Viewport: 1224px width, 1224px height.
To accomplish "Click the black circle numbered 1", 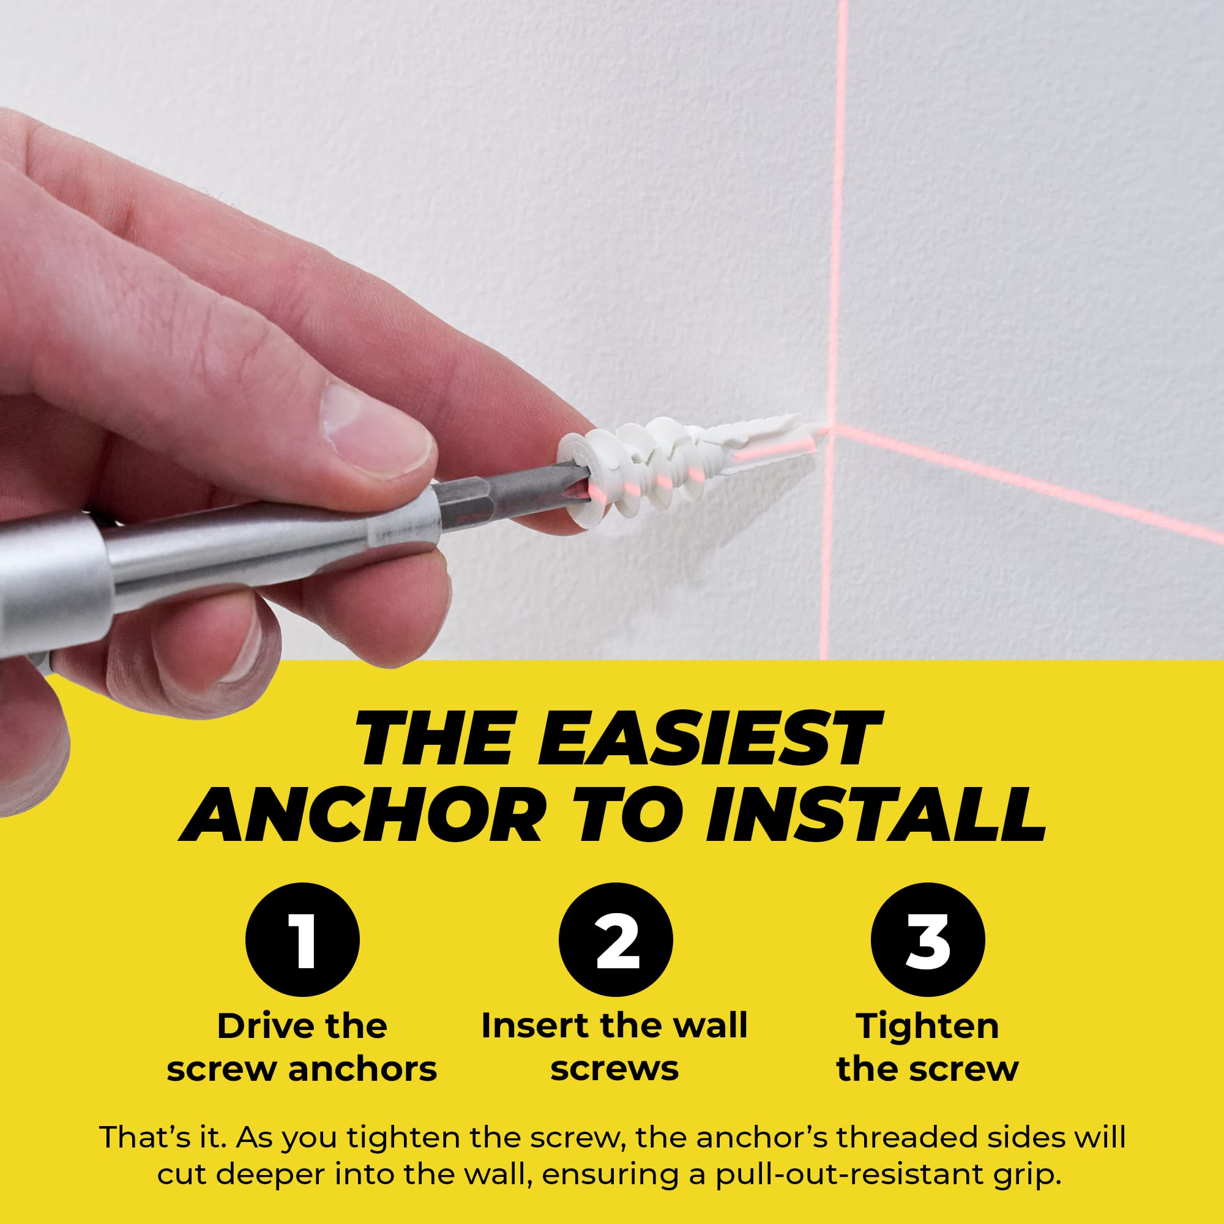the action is (302, 939).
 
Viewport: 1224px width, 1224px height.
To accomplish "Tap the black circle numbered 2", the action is (615, 939).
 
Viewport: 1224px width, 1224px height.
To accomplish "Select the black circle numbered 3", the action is (928, 939).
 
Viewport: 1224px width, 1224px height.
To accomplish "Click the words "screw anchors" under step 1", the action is (302, 1070).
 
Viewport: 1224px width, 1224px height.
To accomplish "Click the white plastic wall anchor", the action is (690, 469).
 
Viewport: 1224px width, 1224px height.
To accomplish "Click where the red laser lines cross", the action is (832, 431).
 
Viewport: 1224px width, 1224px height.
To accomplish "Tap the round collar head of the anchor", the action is (580, 479).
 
